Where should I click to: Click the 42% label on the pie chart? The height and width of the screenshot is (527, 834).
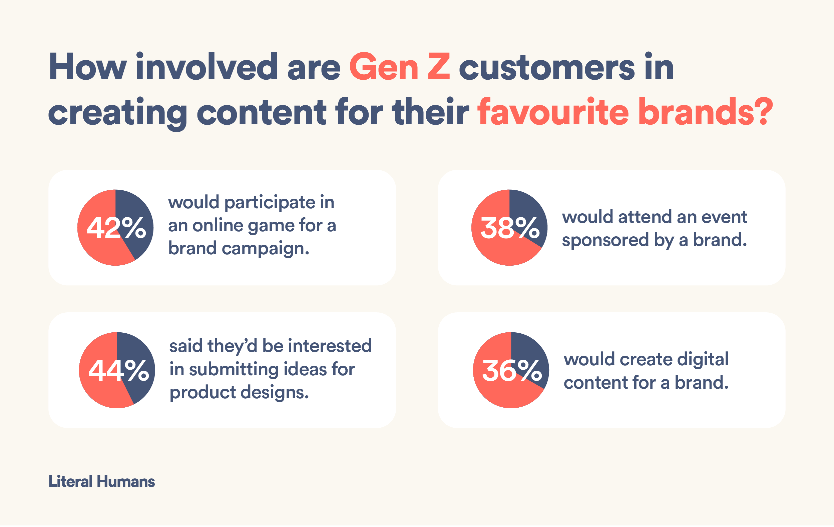point(116,228)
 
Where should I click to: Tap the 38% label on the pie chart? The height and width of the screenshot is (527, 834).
point(510,228)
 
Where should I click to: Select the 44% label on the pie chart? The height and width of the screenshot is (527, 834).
point(119,371)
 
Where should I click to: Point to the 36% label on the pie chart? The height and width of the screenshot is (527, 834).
point(512,371)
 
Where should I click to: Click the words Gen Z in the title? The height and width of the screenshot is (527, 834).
point(400,67)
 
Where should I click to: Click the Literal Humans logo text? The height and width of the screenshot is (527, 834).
point(101,481)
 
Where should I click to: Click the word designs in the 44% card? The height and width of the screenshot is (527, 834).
point(274,392)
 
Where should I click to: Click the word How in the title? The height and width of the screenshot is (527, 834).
point(88,67)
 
